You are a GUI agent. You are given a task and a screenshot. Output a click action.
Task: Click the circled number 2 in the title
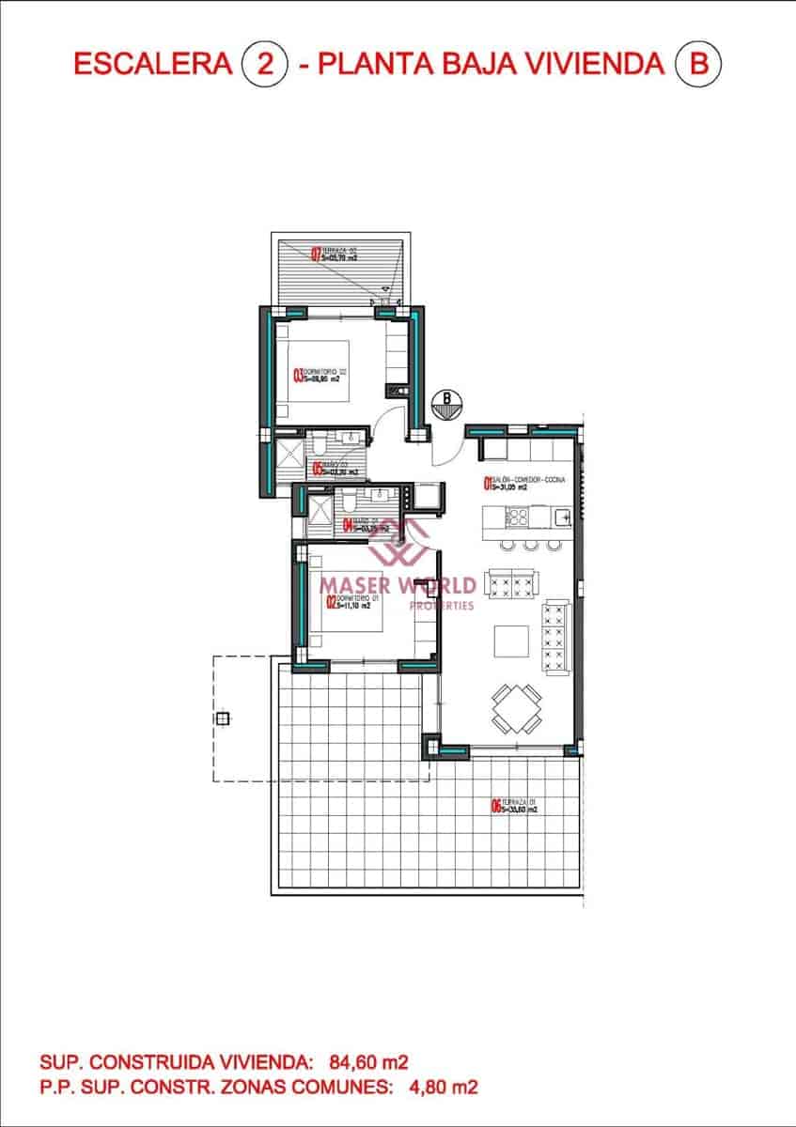tap(265, 65)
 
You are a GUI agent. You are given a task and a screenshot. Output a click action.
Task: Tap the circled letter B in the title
tap(697, 65)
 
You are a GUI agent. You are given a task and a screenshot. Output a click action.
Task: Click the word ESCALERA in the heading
tap(152, 65)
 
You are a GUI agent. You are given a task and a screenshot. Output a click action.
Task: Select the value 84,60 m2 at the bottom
tap(369, 1062)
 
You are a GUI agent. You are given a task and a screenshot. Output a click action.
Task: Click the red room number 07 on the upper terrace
tap(316, 252)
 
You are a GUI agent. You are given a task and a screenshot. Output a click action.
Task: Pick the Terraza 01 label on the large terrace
tap(513, 805)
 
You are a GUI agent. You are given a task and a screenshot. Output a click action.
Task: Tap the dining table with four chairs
tap(516, 709)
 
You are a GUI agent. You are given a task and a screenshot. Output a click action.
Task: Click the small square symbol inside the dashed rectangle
tap(223, 719)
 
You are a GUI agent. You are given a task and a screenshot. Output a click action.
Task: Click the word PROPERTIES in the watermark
tap(443, 606)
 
